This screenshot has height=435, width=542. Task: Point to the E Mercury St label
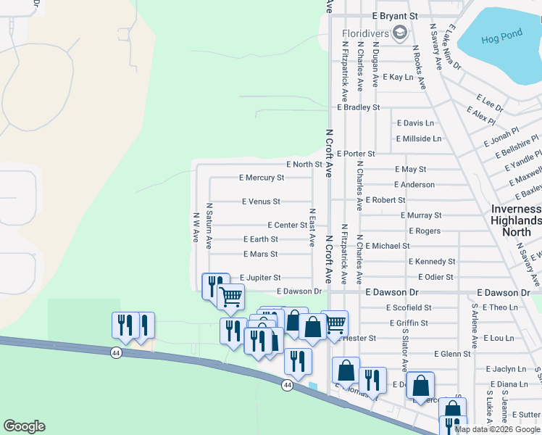click(x=262, y=178)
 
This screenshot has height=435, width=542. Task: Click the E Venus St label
click(x=261, y=202)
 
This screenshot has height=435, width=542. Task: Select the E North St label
click(x=304, y=165)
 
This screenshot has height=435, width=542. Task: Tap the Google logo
click(x=24, y=426)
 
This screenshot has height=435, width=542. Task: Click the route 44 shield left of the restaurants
click(x=116, y=352)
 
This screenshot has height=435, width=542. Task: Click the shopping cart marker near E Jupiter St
click(x=230, y=296)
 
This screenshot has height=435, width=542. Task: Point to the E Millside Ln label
click(x=418, y=138)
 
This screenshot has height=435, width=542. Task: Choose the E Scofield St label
click(x=409, y=308)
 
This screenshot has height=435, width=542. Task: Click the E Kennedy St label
click(x=432, y=262)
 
